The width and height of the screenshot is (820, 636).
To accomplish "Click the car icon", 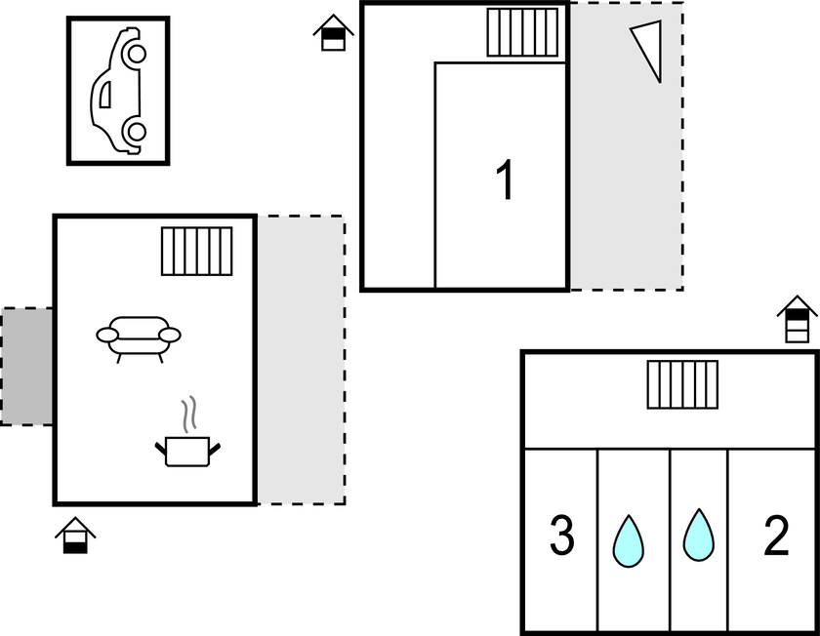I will click(x=118, y=91).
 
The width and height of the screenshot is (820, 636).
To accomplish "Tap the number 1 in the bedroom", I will click(x=505, y=180).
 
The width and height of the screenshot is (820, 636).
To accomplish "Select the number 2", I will click(x=775, y=537).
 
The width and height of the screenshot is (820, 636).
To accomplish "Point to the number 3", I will click(x=561, y=537).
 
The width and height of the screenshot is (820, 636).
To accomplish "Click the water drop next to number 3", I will click(x=628, y=539).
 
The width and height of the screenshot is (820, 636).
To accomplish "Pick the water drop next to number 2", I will click(x=698, y=536).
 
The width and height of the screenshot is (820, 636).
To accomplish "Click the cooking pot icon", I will click(x=187, y=451).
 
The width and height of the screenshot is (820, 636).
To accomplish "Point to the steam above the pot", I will click(x=191, y=413).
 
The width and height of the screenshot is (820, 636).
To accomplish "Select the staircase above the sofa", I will click(x=197, y=252).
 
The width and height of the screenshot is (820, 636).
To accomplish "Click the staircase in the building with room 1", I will click(x=523, y=34).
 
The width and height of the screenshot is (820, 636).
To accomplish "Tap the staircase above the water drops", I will click(x=682, y=384).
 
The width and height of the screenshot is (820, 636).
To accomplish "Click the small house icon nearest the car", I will click(x=334, y=32).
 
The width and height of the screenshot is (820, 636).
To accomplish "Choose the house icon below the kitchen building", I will click(x=75, y=536).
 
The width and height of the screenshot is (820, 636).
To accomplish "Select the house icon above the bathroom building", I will click(x=798, y=320).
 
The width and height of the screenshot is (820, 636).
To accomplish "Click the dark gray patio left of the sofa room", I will click(x=26, y=366).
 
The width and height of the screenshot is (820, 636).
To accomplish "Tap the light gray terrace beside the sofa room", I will click(x=301, y=361).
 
